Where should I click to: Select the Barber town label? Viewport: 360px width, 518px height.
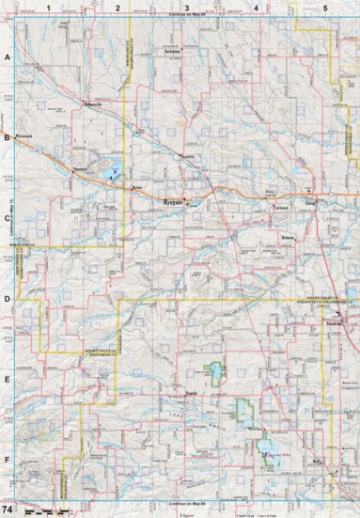[136, 188]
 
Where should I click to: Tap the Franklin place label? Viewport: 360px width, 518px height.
[186, 156]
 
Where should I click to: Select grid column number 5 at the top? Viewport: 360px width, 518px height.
[324, 7]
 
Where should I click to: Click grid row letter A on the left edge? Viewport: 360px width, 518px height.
[7, 57]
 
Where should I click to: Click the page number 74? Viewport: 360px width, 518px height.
[8, 508]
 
